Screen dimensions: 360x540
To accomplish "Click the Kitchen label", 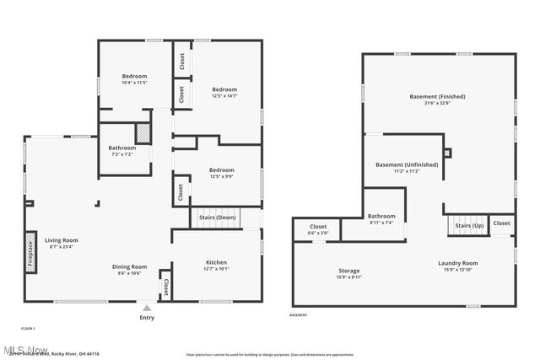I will coord(216,262).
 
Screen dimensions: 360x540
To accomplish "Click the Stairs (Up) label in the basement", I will coord(468,226).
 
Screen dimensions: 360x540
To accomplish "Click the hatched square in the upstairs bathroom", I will coord(144,132).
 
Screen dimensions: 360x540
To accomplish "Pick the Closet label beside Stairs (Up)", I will coord(501,223).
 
